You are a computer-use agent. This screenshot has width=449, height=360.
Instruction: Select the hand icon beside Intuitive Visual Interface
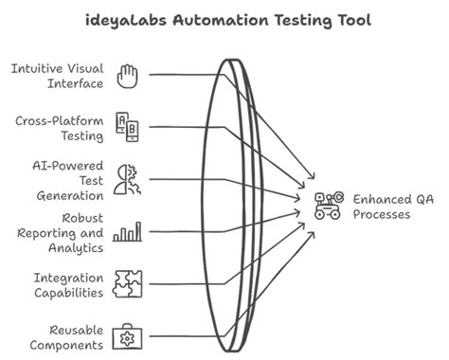(127, 75)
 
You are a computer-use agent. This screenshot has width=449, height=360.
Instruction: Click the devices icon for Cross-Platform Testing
(127, 126)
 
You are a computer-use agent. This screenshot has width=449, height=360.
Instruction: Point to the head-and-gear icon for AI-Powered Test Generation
(127, 178)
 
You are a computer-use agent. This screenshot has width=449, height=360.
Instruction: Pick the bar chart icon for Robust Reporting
(127, 231)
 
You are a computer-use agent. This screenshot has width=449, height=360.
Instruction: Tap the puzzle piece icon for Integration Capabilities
(127, 284)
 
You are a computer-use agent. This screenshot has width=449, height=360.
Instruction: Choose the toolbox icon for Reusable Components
(127, 336)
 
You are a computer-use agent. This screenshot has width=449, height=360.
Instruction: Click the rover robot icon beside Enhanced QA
(327, 206)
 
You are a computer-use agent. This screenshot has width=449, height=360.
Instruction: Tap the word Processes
(382, 214)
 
